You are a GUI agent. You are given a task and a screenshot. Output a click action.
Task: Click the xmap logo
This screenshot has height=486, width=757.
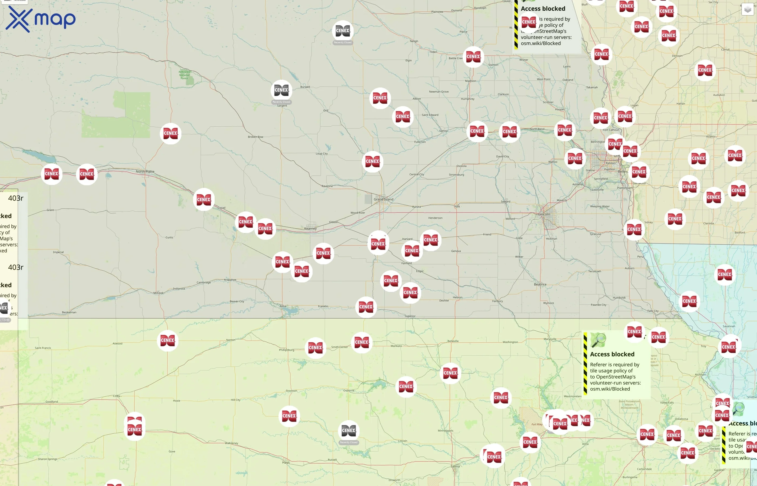41,19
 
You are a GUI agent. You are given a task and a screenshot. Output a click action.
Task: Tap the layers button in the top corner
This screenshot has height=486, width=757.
748,9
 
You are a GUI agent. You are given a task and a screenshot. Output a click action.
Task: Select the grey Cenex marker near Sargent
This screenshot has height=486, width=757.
281,90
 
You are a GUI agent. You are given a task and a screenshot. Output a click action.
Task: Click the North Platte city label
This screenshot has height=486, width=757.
145,172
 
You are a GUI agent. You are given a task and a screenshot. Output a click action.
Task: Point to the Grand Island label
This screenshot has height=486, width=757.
383,200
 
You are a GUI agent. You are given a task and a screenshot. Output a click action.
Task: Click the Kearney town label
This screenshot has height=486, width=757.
310,228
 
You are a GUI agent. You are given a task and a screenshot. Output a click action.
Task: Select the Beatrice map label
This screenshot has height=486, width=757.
540,284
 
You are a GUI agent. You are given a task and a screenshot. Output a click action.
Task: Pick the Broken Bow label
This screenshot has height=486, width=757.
255,137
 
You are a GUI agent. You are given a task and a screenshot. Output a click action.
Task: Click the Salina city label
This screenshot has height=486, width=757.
455,466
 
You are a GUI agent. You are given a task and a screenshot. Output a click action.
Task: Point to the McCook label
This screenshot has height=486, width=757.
158,293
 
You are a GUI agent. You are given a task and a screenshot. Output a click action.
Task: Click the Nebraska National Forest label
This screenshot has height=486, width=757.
184,75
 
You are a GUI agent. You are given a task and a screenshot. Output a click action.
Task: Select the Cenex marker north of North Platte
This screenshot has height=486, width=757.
170,133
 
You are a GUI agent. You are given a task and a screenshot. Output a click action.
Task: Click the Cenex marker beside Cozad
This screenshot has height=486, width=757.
204,200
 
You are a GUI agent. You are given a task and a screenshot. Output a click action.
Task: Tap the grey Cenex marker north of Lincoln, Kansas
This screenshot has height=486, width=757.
348,431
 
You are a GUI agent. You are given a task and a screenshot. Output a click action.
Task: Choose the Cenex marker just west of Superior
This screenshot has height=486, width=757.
366,307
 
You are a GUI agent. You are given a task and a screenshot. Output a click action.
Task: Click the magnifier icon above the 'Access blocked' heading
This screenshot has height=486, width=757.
598,340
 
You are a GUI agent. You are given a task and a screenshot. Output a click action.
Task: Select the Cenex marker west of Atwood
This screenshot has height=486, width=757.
167,340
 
